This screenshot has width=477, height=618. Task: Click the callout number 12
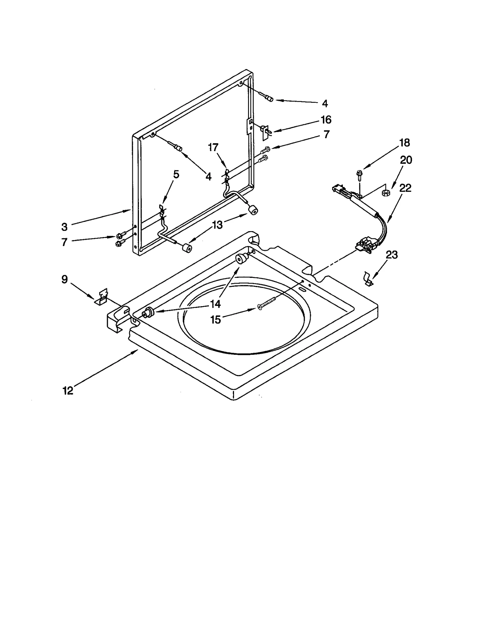click(68, 390)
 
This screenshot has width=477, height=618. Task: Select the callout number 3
click(64, 227)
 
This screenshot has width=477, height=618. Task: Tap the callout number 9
click(64, 279)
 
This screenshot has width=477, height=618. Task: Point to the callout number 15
click(216, 320)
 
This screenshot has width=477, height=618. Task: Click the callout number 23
click(391, 255)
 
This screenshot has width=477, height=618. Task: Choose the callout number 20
click(406, 160)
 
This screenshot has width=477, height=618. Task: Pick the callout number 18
click(404, 143)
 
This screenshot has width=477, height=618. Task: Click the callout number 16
click(326, 120)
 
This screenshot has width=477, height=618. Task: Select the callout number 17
click(213, 147)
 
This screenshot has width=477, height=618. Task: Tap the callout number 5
click(176, 175)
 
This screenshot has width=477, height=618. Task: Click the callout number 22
click(405, 188)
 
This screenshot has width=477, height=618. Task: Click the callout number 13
click(218, 225)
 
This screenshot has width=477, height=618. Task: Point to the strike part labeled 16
click(264, 131)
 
